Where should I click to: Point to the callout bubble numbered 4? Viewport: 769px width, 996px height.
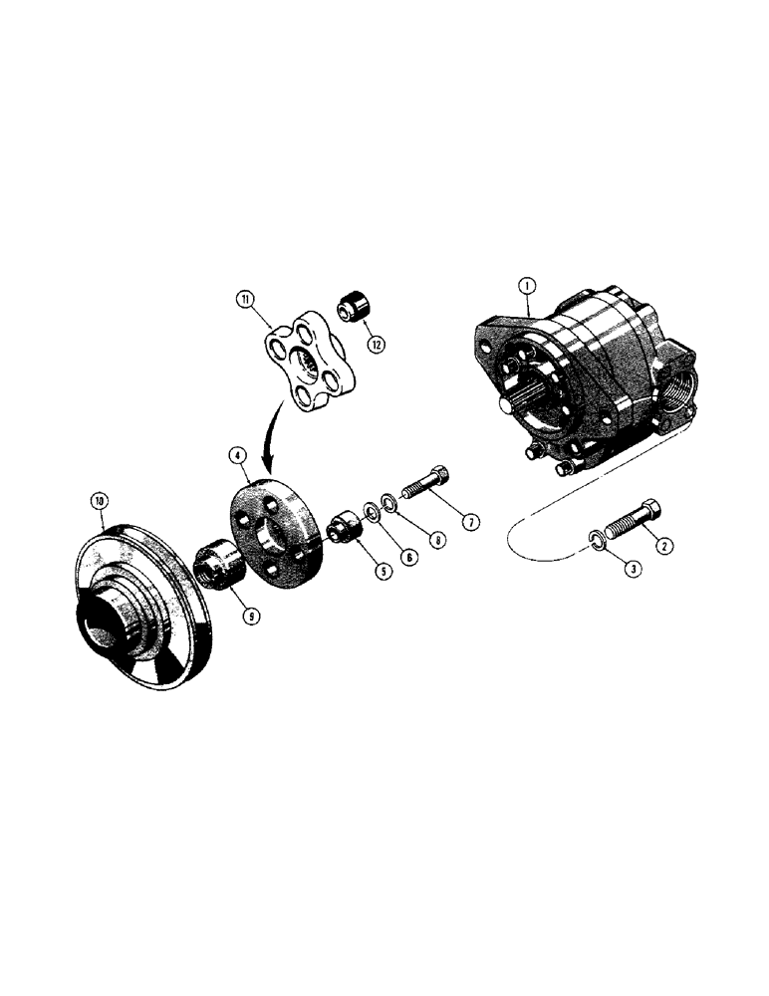[x=237, y=454]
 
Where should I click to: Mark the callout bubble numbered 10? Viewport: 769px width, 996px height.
[x=99, y=502]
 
